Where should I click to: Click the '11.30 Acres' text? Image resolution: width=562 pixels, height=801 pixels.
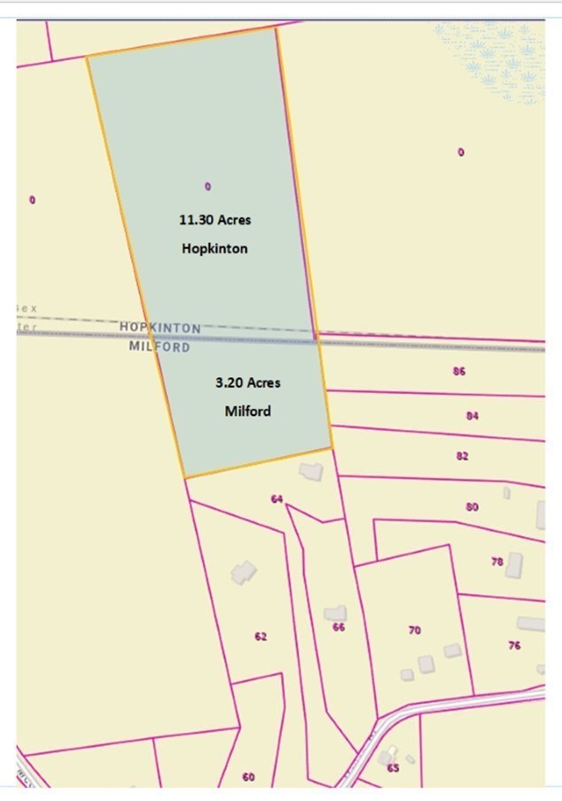pyautogui.click(x=215, y=219)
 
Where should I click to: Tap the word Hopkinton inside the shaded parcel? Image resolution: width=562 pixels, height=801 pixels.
pyautogui.click(x=215, y=248)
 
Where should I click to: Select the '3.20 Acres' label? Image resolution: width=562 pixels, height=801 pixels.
pyautogui.click(x=247, y=382)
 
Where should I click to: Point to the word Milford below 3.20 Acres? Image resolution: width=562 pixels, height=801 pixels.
pyautogui.click(x=247, y=411)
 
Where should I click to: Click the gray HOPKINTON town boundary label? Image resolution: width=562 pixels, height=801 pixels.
pyautogui.click(x=160, y=327)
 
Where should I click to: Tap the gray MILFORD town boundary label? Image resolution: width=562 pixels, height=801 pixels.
pyautogui.click(x=160, y=347)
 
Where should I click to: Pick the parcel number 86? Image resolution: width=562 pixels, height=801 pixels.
pyautogui.click(x=459, y=371)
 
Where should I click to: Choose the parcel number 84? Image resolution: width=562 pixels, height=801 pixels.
pyautogui.click(x=472, y=414)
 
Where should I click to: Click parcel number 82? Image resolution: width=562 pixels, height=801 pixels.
pyautogui.click(x=463, y=456)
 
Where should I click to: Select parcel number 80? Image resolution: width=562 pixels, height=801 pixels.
pyautogui.click(x=472, y=507)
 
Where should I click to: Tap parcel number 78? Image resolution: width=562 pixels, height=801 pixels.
pyautogui.click(x=497, y=561)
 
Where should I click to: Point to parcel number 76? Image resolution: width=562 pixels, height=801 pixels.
pyautogui.click(x=514, y=645)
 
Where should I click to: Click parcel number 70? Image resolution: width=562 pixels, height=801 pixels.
pyautogui.click(x=415, y=630)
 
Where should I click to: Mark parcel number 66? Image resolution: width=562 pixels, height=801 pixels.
pyautogui.click(x=339, y=626)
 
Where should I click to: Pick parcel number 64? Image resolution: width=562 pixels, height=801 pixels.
pyautogui.click(x=277, y=499)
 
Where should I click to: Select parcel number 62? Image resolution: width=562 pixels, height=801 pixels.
pyautogui.click(x=261, y=636)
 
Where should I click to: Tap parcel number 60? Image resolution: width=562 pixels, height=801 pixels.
pyautogui.click(x=248, y=777)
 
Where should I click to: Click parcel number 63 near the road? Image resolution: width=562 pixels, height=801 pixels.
pyautogui.click(x=393, y=767)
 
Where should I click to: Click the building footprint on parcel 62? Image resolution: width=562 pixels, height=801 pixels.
pyautogui.click(x=244, y=572)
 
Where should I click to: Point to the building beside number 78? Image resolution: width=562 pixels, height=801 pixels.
pyautogui.click(x=514, y=564)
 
